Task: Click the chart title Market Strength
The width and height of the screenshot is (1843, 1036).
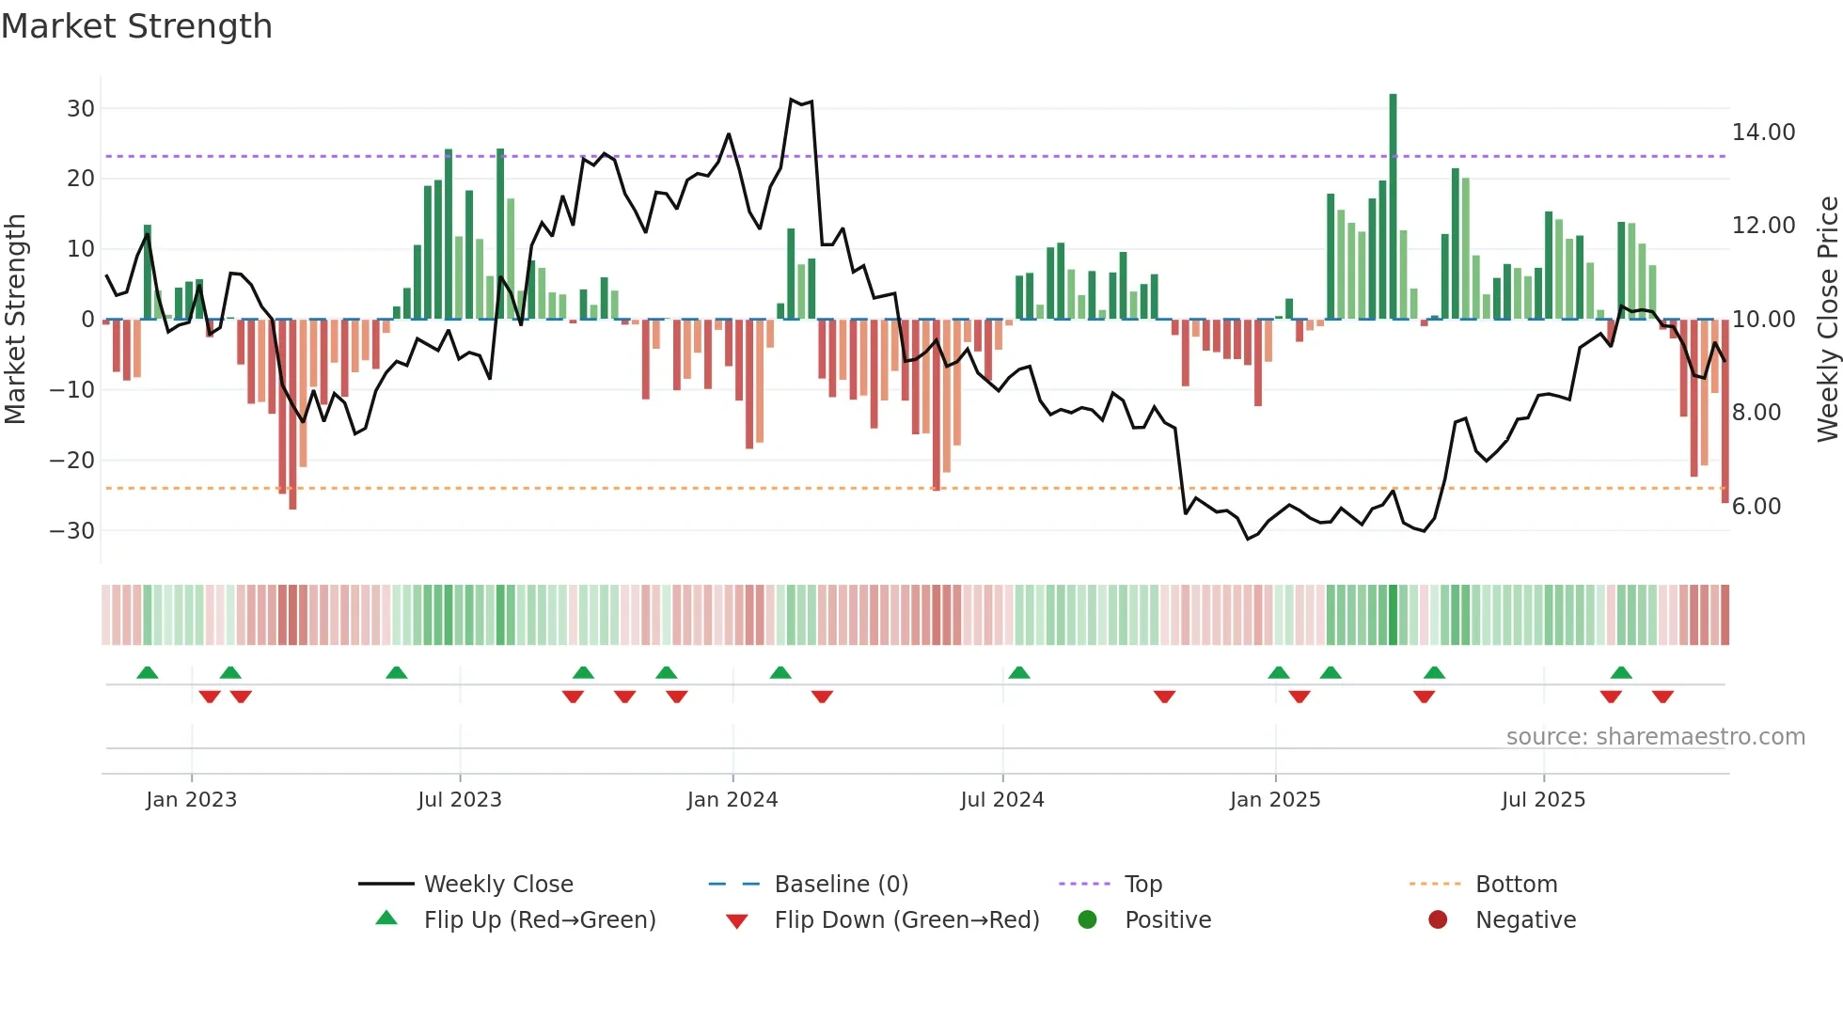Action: coord(136,26)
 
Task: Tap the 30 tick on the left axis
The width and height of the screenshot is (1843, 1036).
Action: coord(81,108)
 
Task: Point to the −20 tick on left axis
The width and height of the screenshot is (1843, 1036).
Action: coord(72,460)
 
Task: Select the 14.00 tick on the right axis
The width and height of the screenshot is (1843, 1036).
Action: coord(1763,133)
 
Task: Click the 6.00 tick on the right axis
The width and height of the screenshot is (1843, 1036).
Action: coord(1756,507)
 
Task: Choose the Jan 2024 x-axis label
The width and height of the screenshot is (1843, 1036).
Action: coord(732,800)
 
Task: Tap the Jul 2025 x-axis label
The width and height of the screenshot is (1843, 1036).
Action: coord(1543,800)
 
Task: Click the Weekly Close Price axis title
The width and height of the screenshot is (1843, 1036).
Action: coord(1827,320)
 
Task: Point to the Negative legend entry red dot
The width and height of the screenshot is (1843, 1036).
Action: coord(1437,919)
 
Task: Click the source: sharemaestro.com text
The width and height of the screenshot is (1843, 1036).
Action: coord(1655,737)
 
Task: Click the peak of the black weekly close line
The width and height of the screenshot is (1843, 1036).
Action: coord(792,99)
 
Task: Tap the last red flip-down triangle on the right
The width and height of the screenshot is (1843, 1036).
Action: coord(1662,697)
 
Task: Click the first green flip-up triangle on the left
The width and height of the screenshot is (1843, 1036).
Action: coord(148,672)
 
